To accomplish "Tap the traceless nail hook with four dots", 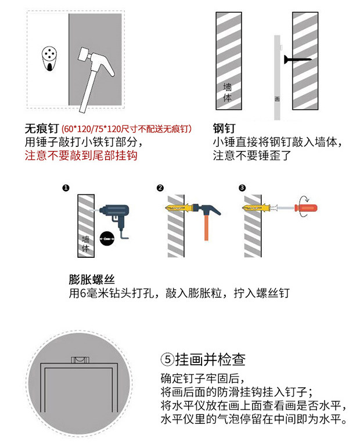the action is [49, 59].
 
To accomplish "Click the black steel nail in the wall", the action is [297, 59].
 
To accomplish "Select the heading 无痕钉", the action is [42, 129].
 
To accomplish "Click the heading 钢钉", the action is [224, 128].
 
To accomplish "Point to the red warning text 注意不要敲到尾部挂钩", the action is [81, 156].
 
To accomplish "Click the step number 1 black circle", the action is [66, 188].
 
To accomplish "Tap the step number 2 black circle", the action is [160, 188].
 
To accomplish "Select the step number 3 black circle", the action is [242, 188].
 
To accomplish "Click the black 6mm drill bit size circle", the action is [107, 239].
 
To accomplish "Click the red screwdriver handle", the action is [306, 208].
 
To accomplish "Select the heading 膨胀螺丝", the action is [92, 280].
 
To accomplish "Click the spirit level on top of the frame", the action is [80, 359].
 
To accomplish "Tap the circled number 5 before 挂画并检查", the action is [168, 359].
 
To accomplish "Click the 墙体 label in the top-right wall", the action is [228, 92].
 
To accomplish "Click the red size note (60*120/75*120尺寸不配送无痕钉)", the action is [127, 129].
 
